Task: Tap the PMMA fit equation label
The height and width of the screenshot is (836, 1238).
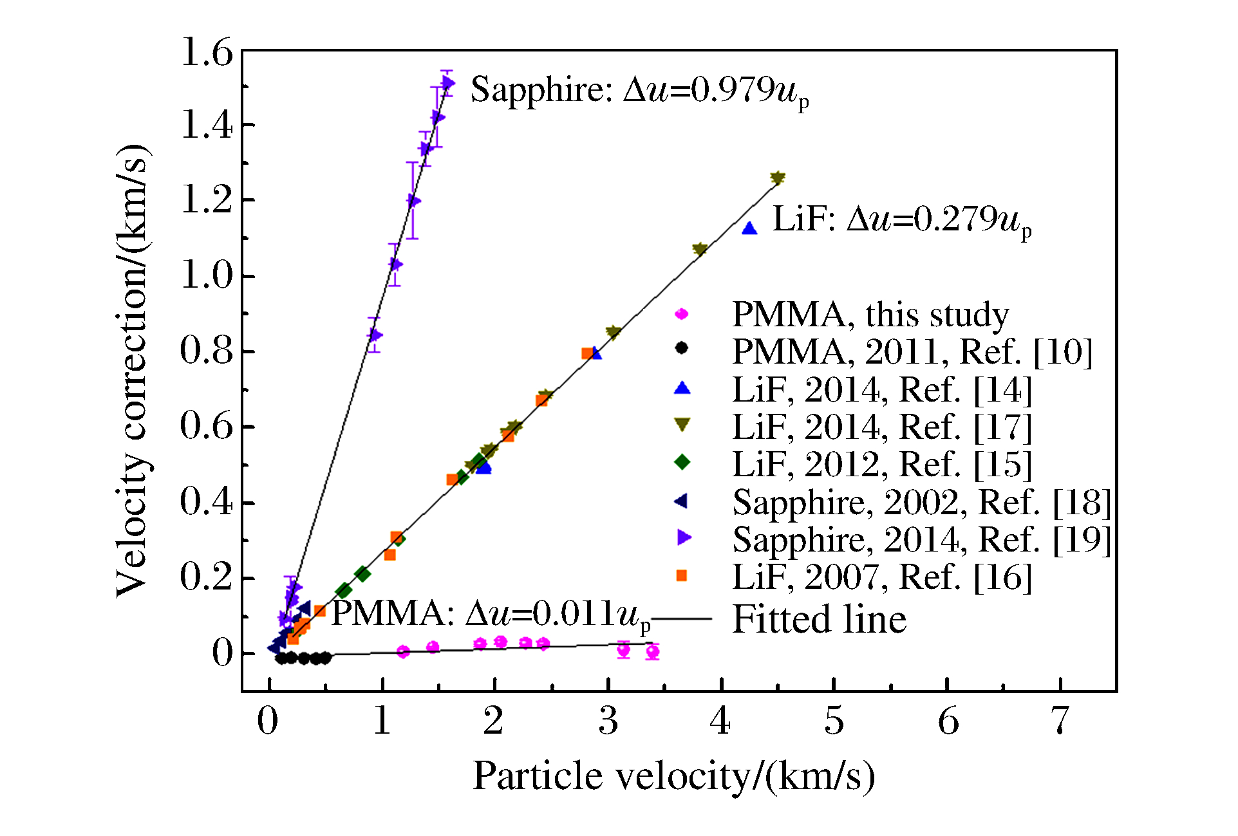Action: click(x=491, y=614)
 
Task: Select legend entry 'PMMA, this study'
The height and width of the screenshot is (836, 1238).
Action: click(x=870, y=315)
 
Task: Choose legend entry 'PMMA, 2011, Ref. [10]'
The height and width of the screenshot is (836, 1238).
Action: click(x=912, y=352)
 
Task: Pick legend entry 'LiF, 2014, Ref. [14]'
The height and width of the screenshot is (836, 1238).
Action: click(x=882, y=389)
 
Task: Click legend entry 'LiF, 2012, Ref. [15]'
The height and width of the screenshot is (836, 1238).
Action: click(x=882, y=464)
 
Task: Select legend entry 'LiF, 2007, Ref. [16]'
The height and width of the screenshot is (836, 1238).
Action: click(x=882, y=577)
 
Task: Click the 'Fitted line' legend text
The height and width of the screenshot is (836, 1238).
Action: click(x=819, y=619)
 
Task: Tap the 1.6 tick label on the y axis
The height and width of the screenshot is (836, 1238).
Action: click(x=206, y=51)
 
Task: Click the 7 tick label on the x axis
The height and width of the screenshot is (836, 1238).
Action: click(x=1060, y=721)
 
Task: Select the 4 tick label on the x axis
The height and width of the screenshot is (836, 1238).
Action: click(x=720, y=721)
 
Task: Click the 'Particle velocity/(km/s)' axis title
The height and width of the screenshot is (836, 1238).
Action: click(x=673, y=776)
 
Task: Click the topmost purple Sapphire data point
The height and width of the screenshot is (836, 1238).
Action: click(x=447, y=83)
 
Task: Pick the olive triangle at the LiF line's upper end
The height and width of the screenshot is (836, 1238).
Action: click(x=778, y=178)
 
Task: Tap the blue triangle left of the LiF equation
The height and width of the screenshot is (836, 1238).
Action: click(x=749, y=228)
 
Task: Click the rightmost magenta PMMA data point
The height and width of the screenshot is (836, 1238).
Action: click(x=652, y=652)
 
